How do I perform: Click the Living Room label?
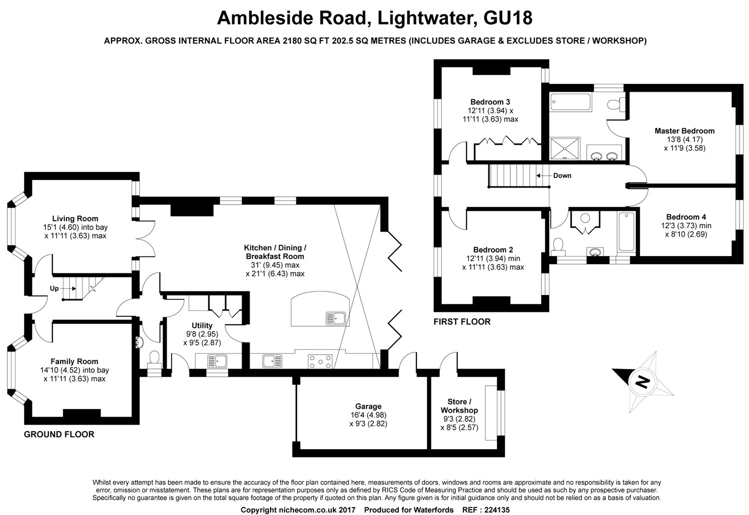(x=75, y=219)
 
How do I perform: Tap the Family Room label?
(x=74, y=361)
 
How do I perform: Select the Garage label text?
(x=368, y=406)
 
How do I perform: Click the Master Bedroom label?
(x=684, y=131)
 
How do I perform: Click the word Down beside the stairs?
(x=562, y=176)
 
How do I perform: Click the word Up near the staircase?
(x=54, y=288)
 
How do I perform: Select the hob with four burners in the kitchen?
(x=320, y=361)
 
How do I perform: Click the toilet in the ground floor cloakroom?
(x=154, y=358)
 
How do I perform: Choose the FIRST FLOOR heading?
(x=462, y=322)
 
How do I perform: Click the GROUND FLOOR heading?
(x=59, y=435)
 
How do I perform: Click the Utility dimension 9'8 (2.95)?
(x=202, y=334)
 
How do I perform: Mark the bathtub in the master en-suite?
(x=570, y=103)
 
